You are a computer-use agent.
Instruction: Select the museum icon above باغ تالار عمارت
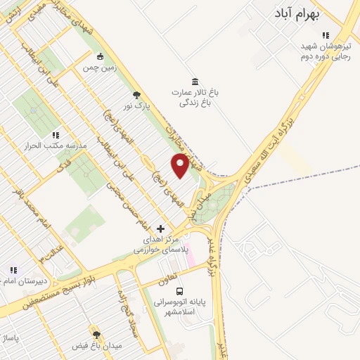pyautogui.click(x=194, y=80)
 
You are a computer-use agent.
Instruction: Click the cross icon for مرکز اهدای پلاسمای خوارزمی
pyautogui.click(x=160, y=229)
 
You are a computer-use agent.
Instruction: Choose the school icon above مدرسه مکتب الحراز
pyautogui.click(x=56, y=134)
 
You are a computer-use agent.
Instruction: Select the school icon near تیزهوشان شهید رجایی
pyautogui.click(x=325, y=35)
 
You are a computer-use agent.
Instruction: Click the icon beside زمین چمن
pyautogui.click(x=100, y=56)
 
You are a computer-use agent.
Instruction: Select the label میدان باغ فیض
pyautogui.click(x=98, y=346)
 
